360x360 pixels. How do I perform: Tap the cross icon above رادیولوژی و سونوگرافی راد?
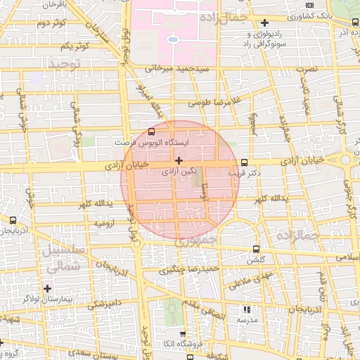264,22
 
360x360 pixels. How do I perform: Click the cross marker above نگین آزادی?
179,160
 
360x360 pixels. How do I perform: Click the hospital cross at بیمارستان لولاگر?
47,288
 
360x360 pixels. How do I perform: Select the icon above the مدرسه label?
246,309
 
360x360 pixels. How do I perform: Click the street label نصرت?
307,69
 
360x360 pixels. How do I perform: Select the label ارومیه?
105,222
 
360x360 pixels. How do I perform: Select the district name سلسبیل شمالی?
63,257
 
